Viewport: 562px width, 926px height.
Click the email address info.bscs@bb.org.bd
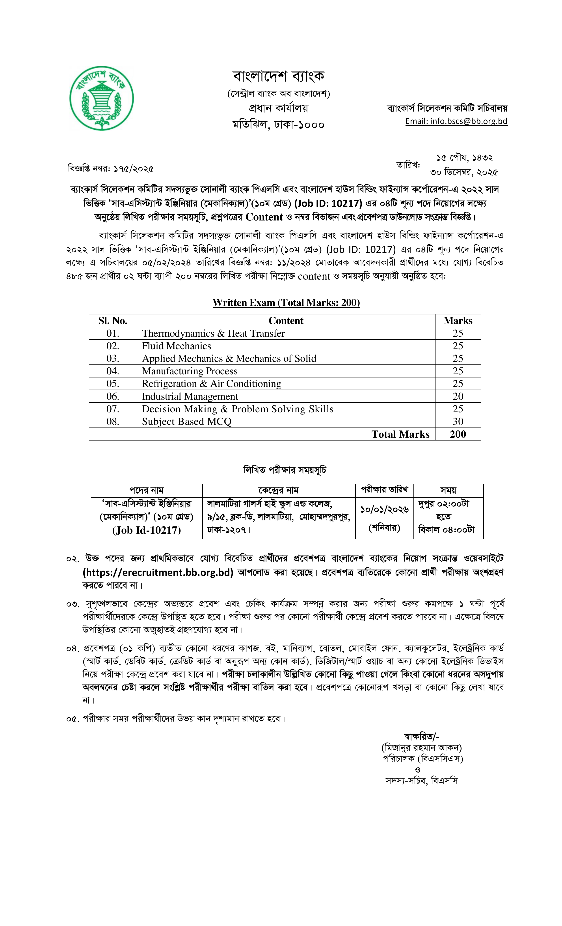456,121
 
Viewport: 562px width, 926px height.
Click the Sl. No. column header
113,321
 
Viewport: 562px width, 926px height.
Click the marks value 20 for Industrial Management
458,396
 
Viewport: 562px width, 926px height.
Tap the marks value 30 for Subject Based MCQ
458,421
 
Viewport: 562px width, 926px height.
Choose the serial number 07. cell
113,409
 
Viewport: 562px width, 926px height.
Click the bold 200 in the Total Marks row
458,434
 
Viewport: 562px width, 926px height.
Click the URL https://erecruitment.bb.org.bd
158,572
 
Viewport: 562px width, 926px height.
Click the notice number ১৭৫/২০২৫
134,169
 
